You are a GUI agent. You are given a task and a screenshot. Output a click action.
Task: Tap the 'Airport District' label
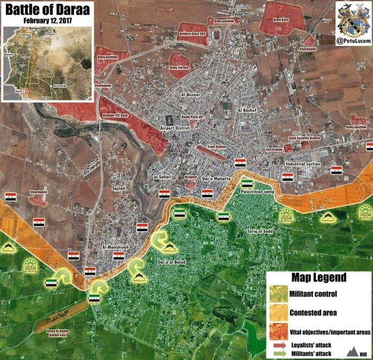pos(176,128)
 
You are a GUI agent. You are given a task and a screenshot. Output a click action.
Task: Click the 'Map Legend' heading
pos(318,278)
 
